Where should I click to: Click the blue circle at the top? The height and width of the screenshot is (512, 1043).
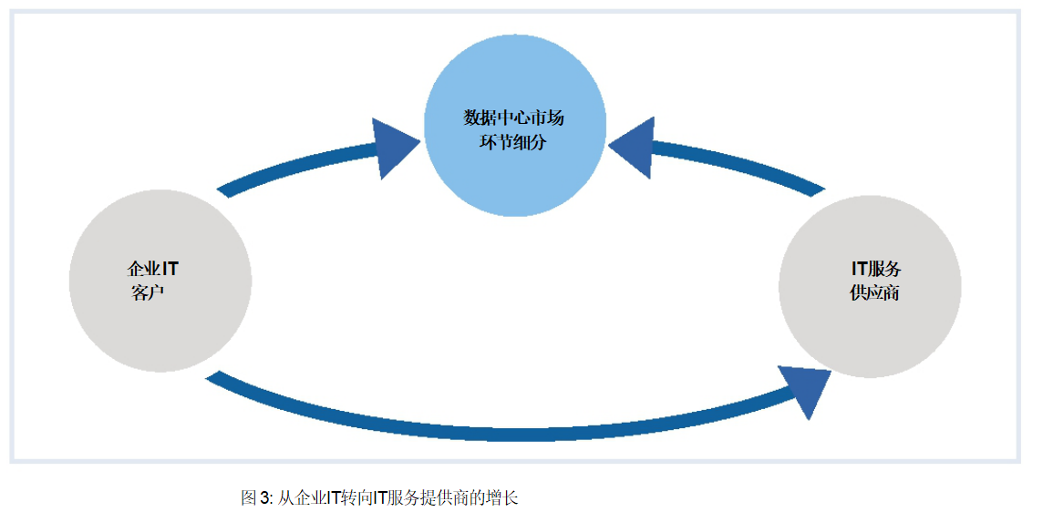tap(515, 127)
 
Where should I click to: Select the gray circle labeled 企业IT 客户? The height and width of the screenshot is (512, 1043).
tap(160, 281)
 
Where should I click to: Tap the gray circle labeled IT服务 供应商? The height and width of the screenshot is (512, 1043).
tap(870, 284)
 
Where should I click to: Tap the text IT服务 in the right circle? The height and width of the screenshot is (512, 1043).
tap(875, 270)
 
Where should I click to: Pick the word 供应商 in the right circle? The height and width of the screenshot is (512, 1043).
tap(874, 293)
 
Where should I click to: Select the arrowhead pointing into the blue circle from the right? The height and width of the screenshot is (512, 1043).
tap(635, 146)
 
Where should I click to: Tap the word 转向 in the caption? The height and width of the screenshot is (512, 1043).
tap(356, 497)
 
